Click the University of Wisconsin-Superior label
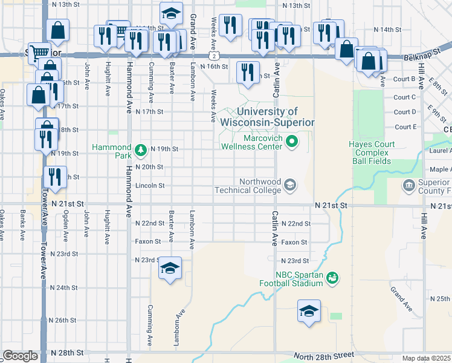(x=268, y=117)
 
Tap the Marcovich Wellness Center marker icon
(x=292, y=143)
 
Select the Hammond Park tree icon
(x=140, y=149)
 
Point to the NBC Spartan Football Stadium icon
(x=331, y=278)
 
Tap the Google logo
(x=20, y=356)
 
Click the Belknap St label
(x=419, y=56)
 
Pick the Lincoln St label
(x=150, y=185)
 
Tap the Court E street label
(x=405, y=127)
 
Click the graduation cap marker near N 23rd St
(x=170, y=268)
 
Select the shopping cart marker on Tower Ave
(x=39, y=53)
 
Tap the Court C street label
(x=405, y=97)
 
